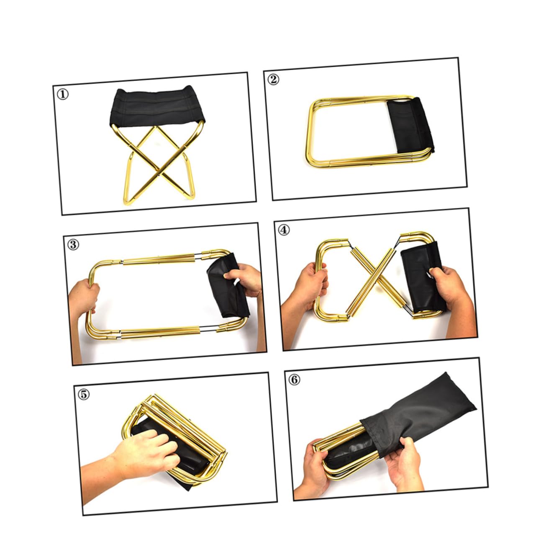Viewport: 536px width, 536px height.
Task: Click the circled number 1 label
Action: click(x=62, y=95)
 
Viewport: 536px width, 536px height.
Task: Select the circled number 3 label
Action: click(x=73, y=244)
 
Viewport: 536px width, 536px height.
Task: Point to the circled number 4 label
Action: click(x=284, y=230)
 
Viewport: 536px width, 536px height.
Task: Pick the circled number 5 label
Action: click(x=84, y=394)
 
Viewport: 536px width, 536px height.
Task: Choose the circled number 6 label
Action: click(x=295, y=380)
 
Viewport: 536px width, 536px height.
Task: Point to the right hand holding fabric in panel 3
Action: click(x=245, y=280)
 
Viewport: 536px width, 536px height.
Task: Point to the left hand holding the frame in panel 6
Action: click(x=312, y=464)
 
